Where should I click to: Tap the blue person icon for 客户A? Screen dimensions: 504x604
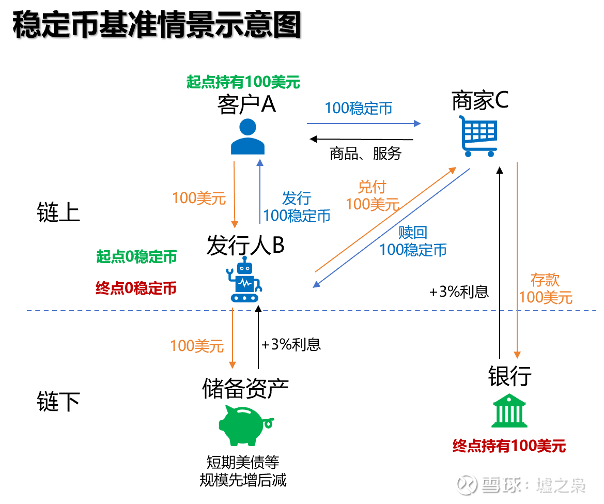point(247,137)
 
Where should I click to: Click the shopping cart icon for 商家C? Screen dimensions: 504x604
point(478,136)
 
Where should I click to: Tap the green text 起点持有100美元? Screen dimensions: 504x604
point(243,82)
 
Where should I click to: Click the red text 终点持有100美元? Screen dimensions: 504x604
point(509,446)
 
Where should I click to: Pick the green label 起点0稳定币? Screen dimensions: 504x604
point(136,257)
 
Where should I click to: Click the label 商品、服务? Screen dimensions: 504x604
point(365,154)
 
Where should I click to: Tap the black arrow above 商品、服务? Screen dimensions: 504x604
point(362,139)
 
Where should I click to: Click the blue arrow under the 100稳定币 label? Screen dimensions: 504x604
point(364,124)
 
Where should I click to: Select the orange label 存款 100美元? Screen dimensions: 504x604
point(546,288)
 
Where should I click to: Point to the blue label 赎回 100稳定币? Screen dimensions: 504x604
point(413,241)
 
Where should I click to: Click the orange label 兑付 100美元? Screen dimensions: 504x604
point(372,195)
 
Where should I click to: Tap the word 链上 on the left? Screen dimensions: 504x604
point(58,212)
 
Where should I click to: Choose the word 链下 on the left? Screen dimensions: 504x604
point(58,402)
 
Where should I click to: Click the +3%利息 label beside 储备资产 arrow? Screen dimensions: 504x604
point(291,345)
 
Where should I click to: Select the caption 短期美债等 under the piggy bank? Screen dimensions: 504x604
point(242,462)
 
